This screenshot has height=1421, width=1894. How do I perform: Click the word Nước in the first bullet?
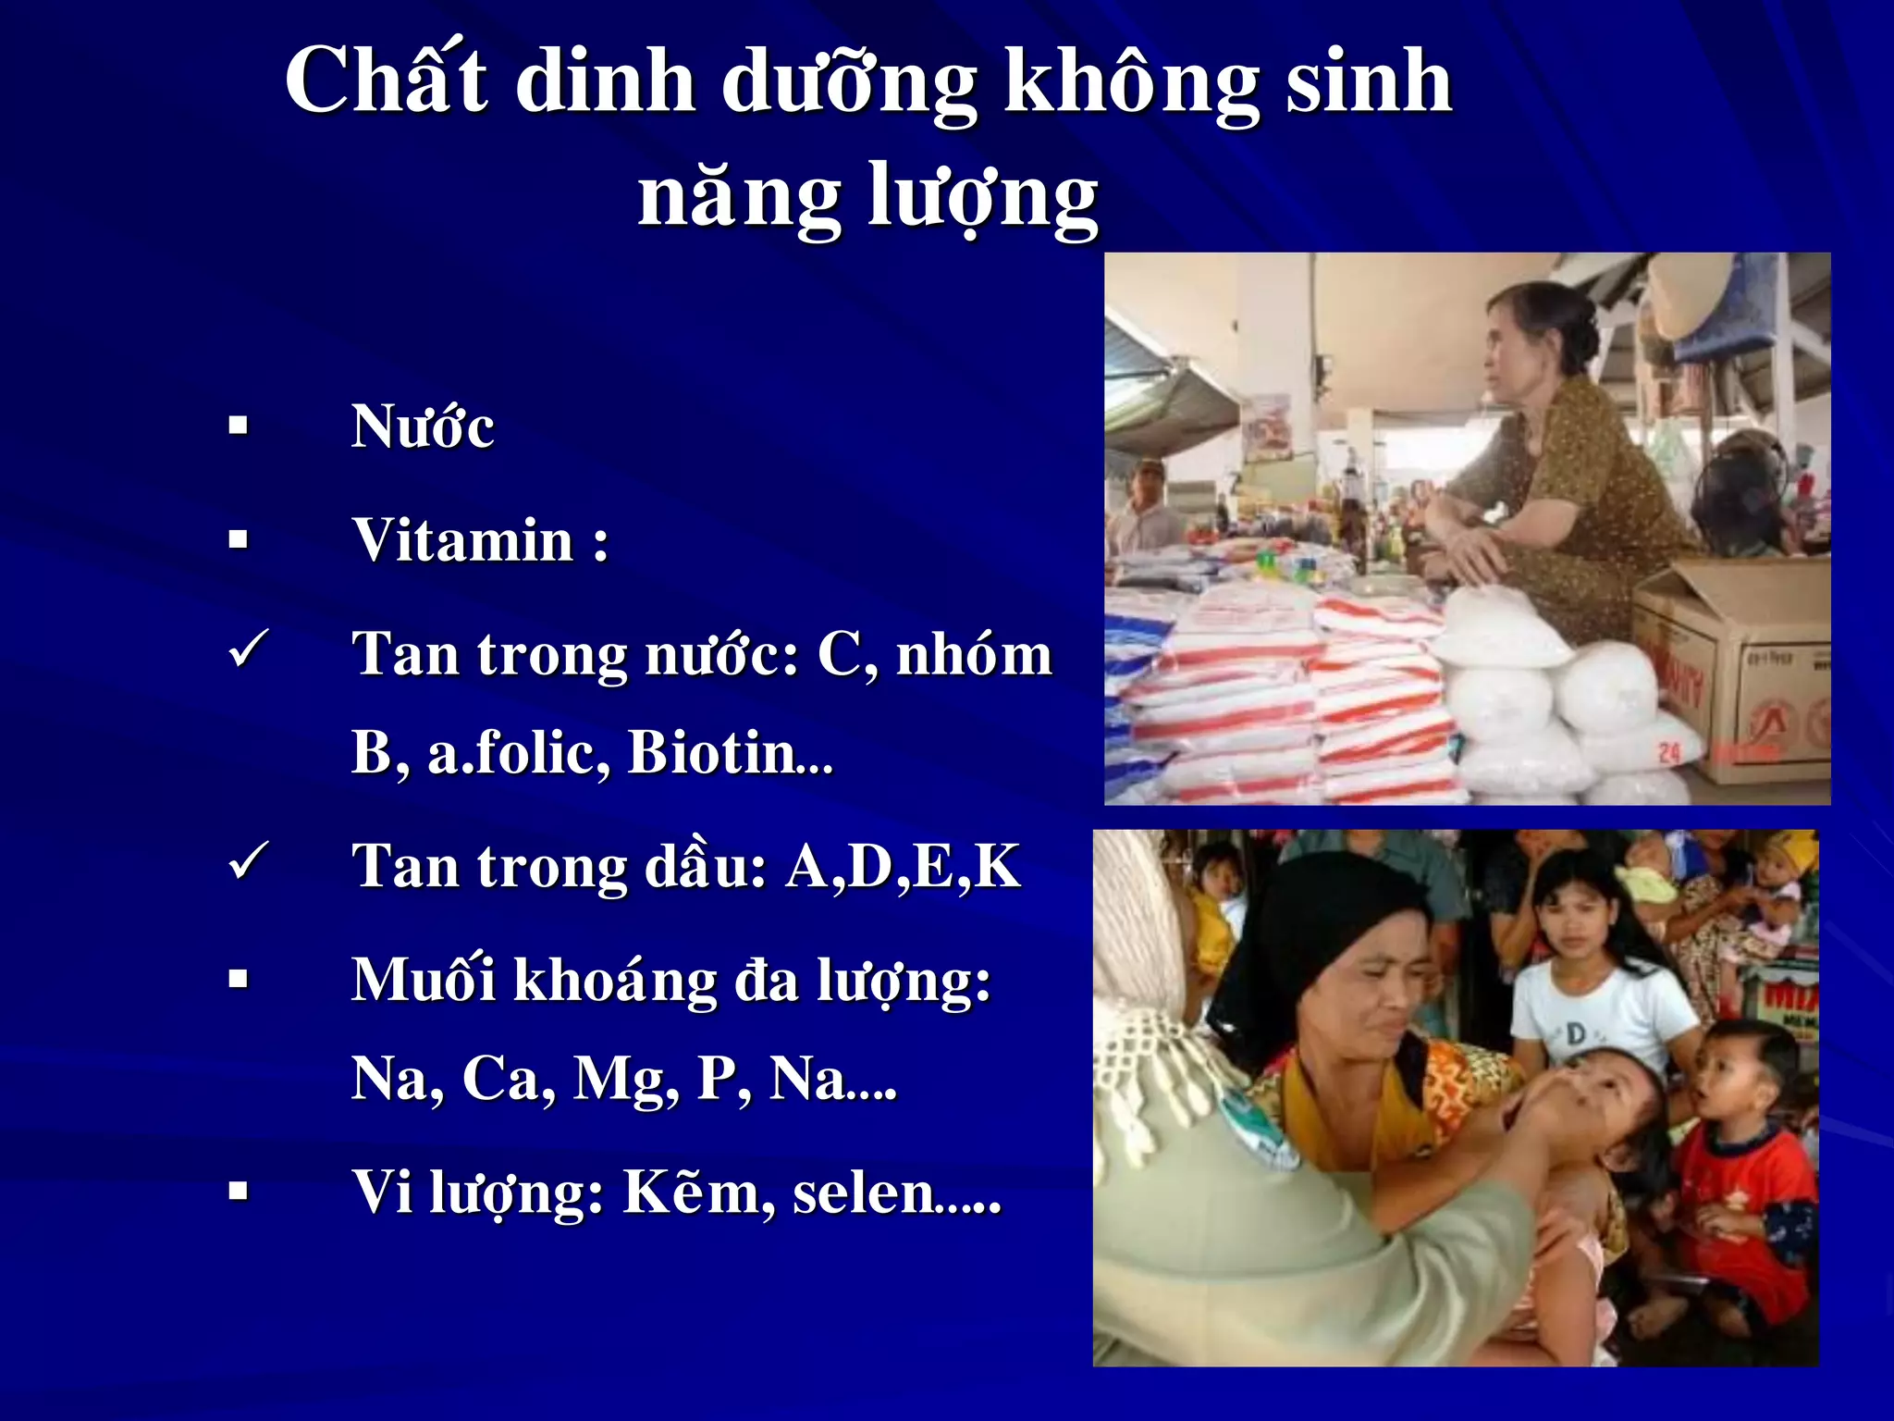[x=423, y=427]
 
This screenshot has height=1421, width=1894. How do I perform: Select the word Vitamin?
[x=462, y=540]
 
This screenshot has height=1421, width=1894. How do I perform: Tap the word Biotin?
[x=711, y=752]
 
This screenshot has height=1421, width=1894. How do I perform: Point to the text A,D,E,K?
[x=903, y=867]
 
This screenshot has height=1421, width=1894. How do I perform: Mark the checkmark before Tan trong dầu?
[x=248, y=861]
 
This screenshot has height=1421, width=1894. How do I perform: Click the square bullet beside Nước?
[x=239, y=426]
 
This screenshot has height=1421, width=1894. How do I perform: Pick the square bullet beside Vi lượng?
[x=239, y=1191]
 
